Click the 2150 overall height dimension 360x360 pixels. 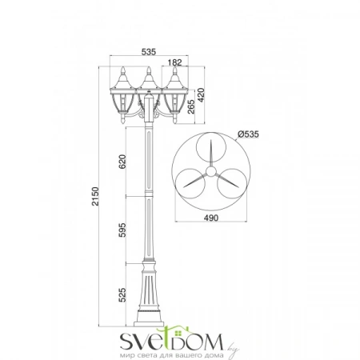[95, 197]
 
